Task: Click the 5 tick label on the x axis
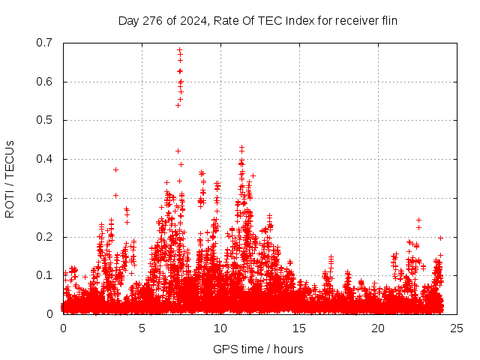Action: click(142, 328)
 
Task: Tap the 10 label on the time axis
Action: click(220, 328)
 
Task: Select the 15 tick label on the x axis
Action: click(299, 328)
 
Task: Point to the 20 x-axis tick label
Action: click(378, 328)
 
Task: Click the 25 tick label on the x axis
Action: click(457, 328)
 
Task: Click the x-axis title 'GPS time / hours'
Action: click(258, 349)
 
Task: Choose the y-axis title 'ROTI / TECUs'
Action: click(10, 178)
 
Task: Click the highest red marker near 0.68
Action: click(179, 50)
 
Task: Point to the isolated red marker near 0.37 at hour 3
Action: click(115, 169)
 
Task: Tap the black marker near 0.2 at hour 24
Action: click(440, 238)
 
